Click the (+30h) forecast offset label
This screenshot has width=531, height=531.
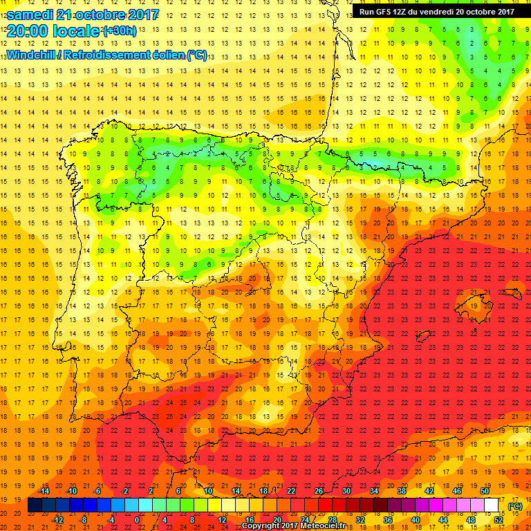pyautogui.click(x=120, y=31)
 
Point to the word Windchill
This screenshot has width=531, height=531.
pyautogui.click(x=31, y=55)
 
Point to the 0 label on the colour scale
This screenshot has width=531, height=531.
pyautogui.click(x=137, y=520)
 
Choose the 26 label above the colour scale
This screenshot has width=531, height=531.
pyautogui.click(x=318, y=491)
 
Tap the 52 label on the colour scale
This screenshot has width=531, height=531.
pyautogui.click(x=499, y=520)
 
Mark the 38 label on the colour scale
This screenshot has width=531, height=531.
pyautogui.click(x=401, y=491)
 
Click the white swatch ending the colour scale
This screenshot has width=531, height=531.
pyautogui.click(x=491, y=505)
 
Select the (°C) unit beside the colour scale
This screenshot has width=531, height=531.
pyautogui.click(x=514, y=506)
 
